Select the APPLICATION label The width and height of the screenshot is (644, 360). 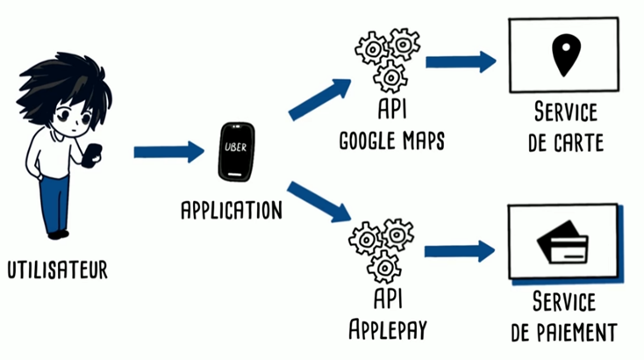point(232,211)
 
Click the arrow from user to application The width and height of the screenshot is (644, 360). point(168,152)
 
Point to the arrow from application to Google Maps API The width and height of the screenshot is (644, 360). point(320,97)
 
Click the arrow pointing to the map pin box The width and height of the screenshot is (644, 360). point(461,61)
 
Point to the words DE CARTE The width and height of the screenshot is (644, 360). point(566,142)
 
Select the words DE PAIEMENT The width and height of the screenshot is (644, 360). point(565,332)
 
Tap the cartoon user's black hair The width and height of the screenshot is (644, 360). point(70,83)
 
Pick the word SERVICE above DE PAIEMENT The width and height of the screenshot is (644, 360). point(565,304)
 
